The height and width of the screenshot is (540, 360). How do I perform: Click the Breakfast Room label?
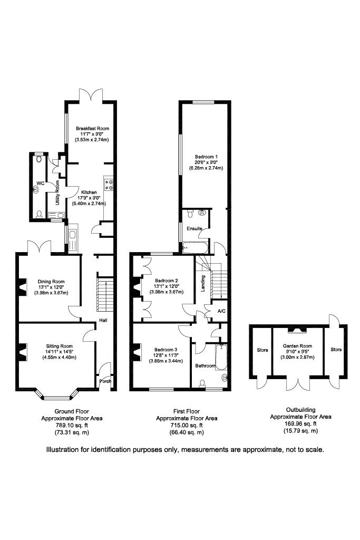[93, 129]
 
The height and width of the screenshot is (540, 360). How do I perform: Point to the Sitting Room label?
[60, 346]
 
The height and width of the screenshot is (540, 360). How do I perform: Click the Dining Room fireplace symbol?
[23, 287]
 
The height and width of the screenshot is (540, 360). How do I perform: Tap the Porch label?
[105, 381]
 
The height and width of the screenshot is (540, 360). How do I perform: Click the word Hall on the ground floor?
[103, 320]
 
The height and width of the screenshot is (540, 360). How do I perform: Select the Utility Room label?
[57, 192]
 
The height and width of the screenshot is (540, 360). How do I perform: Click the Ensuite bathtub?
[195, 248]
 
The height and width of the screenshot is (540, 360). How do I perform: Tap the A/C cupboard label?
[222, 311]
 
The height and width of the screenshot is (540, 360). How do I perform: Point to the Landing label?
[203, 283]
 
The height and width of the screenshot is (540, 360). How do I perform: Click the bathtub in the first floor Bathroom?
[220, 357]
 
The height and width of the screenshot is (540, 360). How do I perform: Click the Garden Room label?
[298, 346]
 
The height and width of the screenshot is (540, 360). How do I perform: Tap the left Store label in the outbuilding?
[262, 350]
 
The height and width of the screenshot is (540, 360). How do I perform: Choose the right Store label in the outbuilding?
[336, 349]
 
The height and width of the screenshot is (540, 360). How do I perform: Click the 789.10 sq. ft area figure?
[72, 426]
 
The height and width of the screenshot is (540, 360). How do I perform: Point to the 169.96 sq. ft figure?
[301, 424]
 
